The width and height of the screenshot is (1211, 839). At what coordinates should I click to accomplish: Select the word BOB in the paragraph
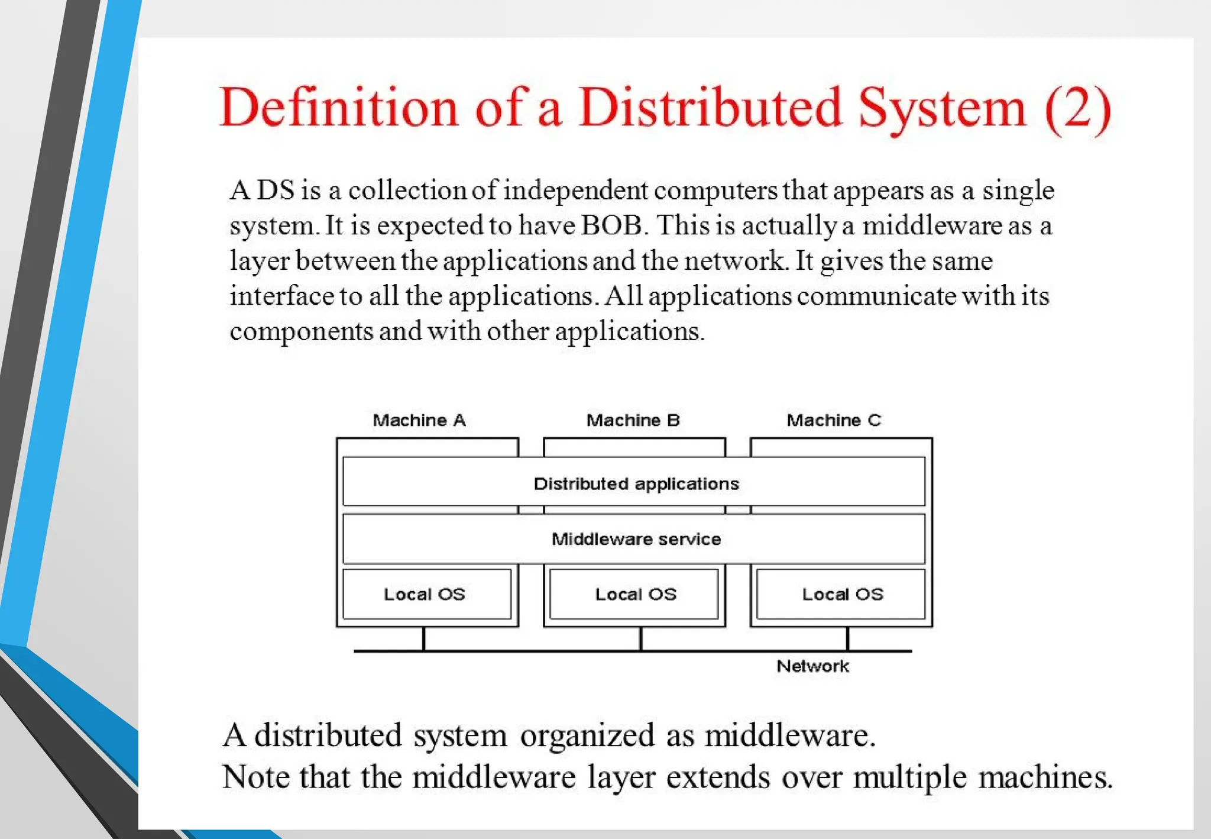(611, 225)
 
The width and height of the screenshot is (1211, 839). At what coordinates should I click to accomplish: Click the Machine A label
(419, 420)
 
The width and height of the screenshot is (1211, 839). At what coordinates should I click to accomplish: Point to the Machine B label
(633, 420)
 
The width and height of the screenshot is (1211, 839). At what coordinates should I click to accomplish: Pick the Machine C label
(834, 420)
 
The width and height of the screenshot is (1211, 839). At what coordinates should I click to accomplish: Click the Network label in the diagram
(812, 666)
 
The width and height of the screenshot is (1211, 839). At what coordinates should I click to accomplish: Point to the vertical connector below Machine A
(424, 639)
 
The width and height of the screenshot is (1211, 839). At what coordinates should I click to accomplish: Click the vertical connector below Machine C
(847, 639)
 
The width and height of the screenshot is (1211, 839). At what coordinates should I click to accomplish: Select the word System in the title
(942, 108)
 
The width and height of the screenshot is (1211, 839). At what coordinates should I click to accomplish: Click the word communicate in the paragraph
(876, 296)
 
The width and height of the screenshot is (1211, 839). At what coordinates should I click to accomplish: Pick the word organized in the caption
(587, 735)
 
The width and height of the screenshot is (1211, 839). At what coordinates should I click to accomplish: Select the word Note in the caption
(255, 777)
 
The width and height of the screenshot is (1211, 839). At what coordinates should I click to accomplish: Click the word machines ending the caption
(1045, 777)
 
